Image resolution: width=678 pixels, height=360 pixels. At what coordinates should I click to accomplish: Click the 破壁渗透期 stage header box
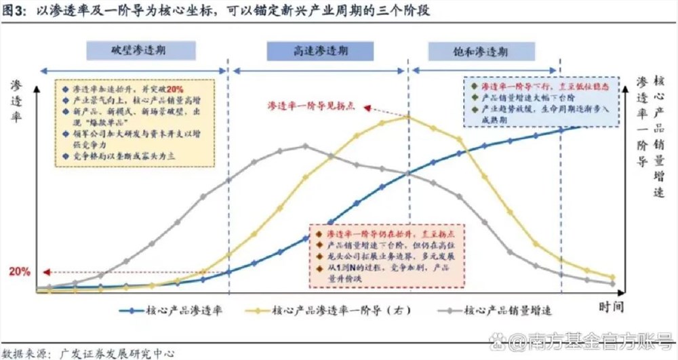tap(142, 50)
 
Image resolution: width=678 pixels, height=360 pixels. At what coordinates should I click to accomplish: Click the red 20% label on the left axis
tap(19, 272)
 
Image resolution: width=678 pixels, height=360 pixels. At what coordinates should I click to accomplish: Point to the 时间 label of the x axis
tap(611, 306)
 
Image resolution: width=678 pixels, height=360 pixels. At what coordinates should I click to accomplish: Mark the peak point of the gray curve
tap(305, 145)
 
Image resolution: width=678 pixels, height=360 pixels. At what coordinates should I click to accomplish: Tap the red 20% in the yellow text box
tap(174, 90)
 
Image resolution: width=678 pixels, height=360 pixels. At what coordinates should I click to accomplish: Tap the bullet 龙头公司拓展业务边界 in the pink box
tap(366, 257)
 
